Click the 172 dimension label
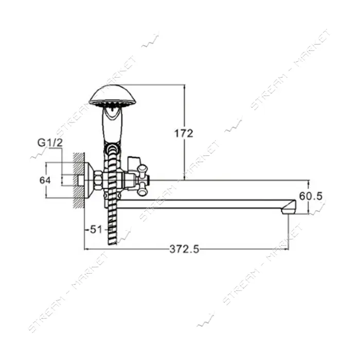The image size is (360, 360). tap(184, 133)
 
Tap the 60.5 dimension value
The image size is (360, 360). tap(311, 196)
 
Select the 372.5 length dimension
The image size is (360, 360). tap(184, 249)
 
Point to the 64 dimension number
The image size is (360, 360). tap(45, 181)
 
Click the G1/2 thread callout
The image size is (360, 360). tap(50, 143)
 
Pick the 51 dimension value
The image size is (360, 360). tap(95, 229)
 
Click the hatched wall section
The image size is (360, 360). tap(79, 181)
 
